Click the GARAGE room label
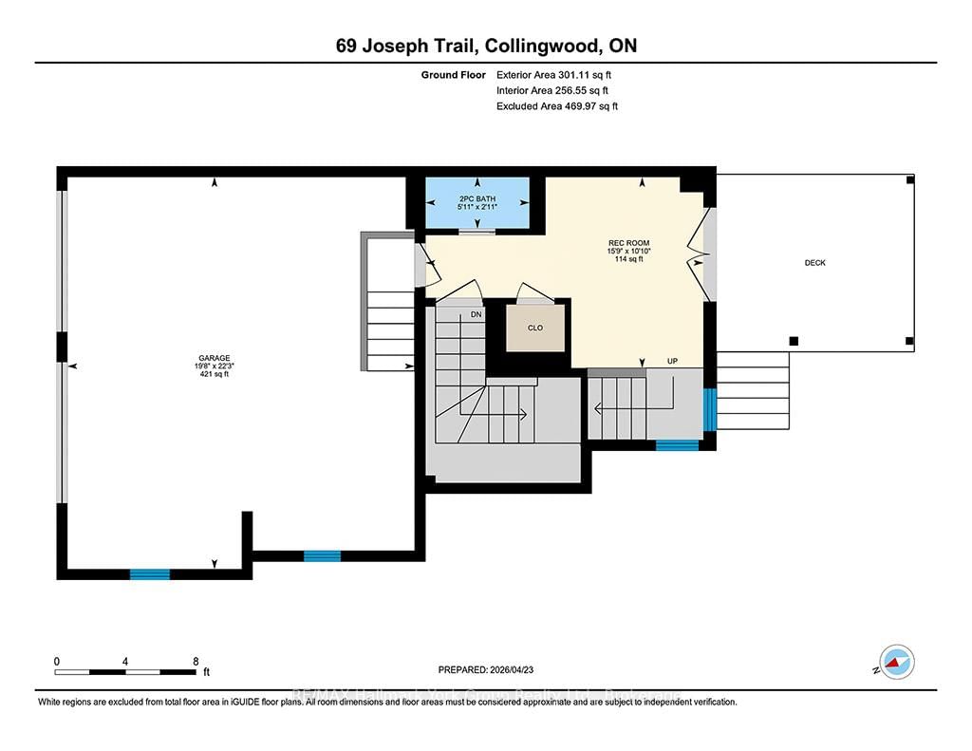click(214, 358)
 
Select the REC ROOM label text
click(626, 243)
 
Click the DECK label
click(814, 263)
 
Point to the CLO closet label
click(535, 328)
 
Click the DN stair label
click(477, 314)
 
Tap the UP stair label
click(674, 362)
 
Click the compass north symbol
click(896, 661)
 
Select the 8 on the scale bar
click(195, 661)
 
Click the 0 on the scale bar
click(57, 661)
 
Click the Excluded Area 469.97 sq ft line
click(556, 106)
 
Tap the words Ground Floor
click(454, 74)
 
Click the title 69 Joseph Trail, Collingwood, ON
click(485, 47)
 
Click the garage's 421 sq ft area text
click(214, 374)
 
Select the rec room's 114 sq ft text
click(626, 258)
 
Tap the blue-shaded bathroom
click(477, 204)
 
